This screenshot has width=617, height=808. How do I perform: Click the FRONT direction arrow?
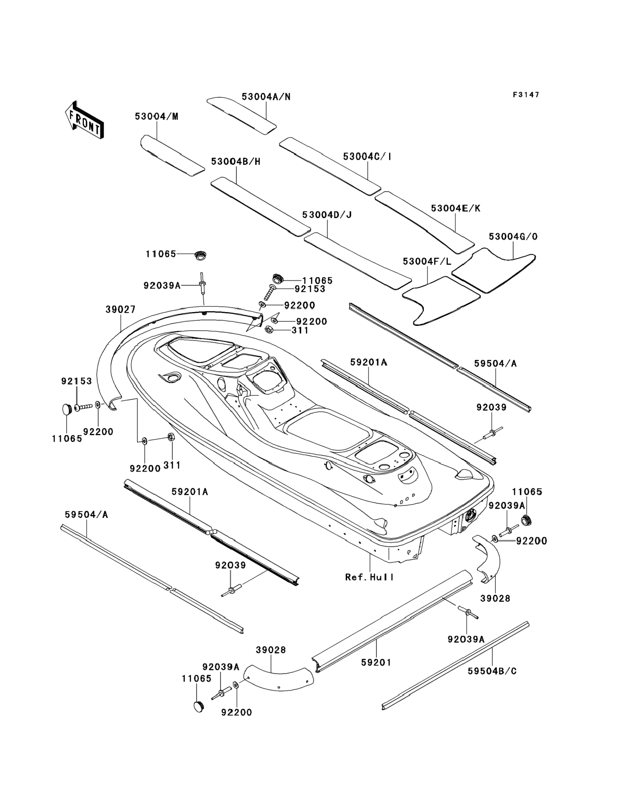[84, 120]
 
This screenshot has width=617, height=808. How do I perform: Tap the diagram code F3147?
[526, 95]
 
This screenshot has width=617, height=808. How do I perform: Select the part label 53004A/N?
[266, 97]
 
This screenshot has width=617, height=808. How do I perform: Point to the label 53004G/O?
[513, 237]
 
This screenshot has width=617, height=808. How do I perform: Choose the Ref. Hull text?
[369, 577]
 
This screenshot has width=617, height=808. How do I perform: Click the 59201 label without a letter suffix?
[376, 663]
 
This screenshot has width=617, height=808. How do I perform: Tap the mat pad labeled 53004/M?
[172, 155]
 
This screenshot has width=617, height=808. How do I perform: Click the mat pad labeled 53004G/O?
[492, 270]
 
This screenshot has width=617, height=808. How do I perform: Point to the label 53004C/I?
[367, 157]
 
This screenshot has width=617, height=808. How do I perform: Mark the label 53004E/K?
[455, 208]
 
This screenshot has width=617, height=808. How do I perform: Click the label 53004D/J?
[327, 215]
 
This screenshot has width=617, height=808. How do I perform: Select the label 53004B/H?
[236, 162]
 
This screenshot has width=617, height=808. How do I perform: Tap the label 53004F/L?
[427, 262]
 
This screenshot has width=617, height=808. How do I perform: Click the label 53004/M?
[156, 116]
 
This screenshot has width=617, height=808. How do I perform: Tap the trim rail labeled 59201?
[391, 622]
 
